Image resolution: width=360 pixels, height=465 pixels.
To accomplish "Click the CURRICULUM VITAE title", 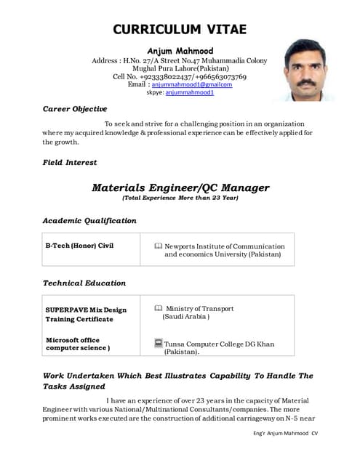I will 180,30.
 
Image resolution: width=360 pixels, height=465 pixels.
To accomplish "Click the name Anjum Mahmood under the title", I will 180,50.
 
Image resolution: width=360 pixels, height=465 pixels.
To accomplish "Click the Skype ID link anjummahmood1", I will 190,93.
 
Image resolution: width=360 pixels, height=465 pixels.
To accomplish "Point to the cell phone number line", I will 180,76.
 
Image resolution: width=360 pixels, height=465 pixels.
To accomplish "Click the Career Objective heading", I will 75,109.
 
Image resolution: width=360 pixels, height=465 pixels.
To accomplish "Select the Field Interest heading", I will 70,163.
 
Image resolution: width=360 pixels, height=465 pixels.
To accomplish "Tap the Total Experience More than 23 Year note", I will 180,198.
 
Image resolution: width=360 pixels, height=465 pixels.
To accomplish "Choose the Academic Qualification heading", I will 89,220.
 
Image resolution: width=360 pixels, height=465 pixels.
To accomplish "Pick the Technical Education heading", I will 84,283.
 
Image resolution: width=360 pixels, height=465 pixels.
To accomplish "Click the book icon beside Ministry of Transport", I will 159,309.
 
